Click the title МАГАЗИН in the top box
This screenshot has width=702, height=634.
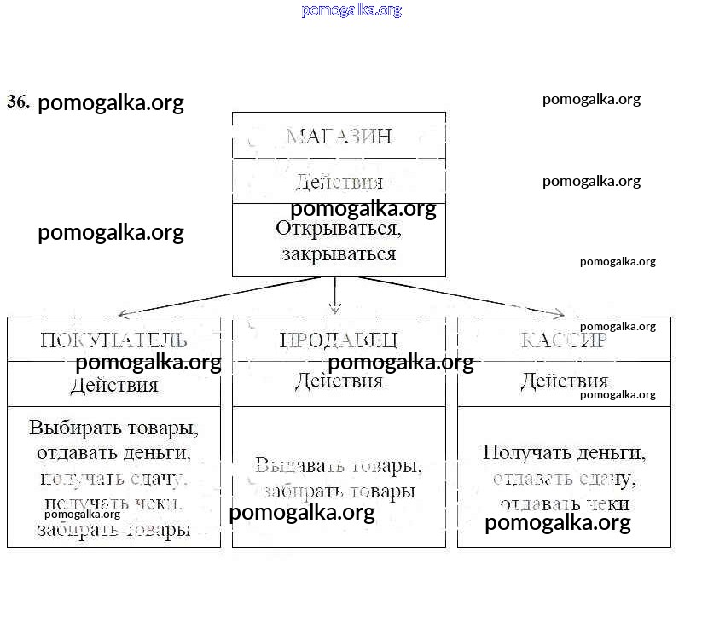[339, 136]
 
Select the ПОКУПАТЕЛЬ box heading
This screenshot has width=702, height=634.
[113, 340]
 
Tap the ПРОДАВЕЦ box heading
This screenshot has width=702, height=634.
[339, 340]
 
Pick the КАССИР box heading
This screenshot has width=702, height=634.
[564, 340]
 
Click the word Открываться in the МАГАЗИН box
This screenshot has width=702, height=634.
[339, 229]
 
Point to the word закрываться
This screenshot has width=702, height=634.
[339, 254]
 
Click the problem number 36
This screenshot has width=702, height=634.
[18, 102]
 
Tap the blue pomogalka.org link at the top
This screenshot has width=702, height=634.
[351, 10]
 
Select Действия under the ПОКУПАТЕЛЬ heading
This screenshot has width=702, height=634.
[113, 385]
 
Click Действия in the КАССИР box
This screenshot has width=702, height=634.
[564, 381]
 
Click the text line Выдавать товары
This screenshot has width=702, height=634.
[339, 466]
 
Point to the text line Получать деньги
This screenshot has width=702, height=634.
[564, 452]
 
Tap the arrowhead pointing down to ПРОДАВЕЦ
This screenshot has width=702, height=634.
[335, 309]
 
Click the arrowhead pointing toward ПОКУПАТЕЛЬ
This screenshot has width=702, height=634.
[125, 314]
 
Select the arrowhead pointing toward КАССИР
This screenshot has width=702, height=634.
[555, 313]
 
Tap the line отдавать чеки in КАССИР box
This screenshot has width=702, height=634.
[564, 504]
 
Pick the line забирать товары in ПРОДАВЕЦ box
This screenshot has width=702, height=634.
[339, 491]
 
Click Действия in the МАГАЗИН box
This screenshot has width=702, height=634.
[339, 182]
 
